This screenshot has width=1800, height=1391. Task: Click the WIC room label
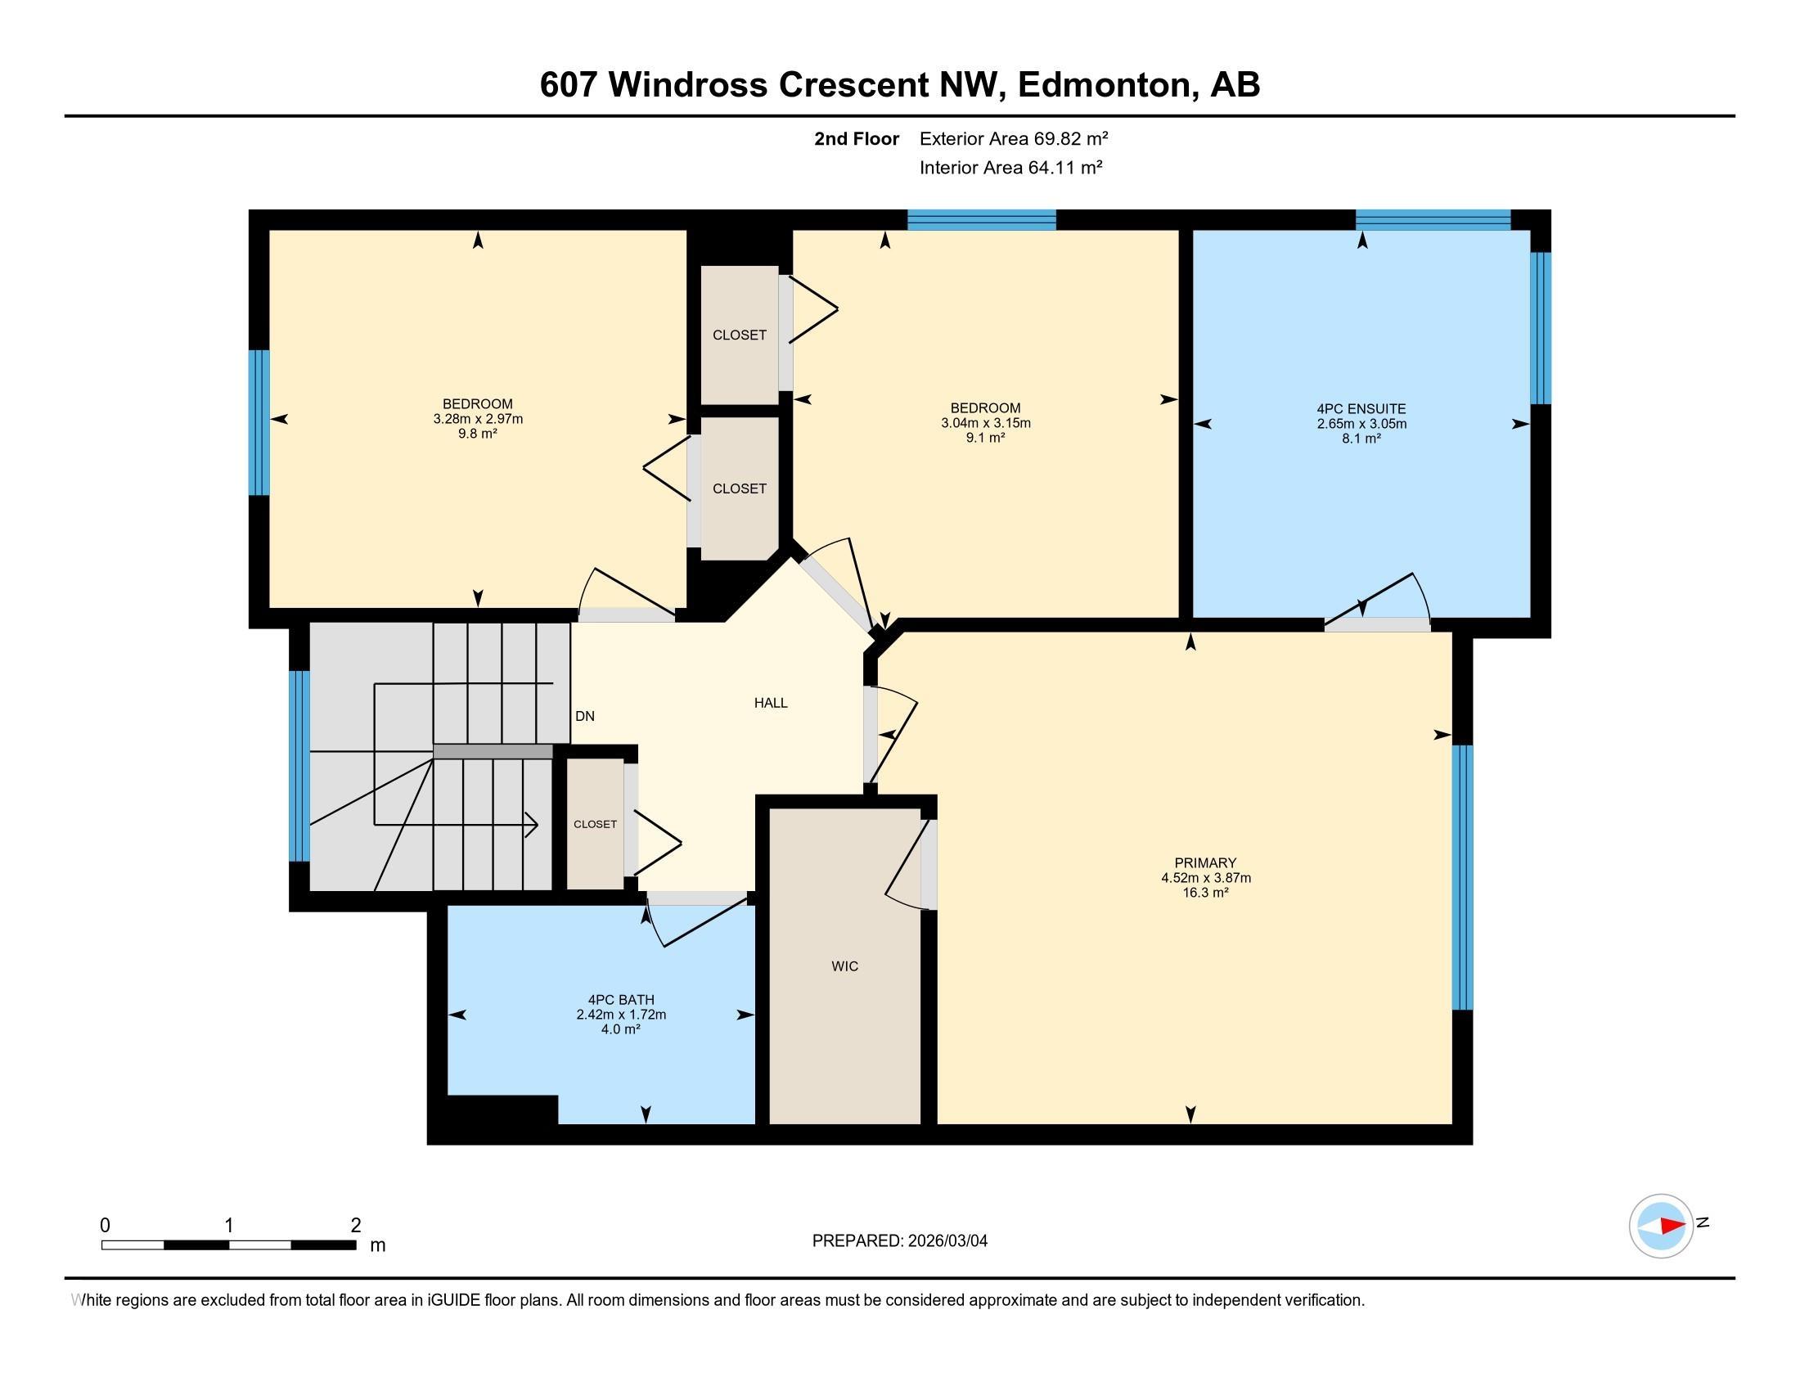click(x=845, y=966)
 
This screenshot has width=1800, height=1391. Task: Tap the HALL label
click(x=771, y=703)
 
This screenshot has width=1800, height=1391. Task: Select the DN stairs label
click(x=584, y=716)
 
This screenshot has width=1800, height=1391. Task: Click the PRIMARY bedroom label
click(x=1205, y=862)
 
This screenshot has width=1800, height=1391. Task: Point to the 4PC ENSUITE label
click(x=1361, y=409)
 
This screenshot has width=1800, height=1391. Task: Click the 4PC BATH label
click(x=621, y=1001)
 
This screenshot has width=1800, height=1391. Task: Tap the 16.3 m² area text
click(x=1205, y=893)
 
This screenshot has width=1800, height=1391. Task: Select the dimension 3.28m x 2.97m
click(x=478, y=419)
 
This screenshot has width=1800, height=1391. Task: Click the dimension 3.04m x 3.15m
click(x=986, y=424)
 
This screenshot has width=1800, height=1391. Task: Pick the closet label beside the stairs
click(x=595, y=824)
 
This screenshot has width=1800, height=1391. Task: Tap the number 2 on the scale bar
click(x=356, y=1226)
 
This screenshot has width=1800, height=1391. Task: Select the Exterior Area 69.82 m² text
click(x=1013, y=138)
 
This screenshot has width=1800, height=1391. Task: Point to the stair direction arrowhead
click(x=533, y=823)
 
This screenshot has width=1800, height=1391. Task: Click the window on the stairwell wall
click(x=299, y=767)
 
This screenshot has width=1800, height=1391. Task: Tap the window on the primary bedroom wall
click(x=1461, y=878)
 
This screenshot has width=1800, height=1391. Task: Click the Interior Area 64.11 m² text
click(x=1010, y=168)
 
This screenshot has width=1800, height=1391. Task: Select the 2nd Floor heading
click(x=857, y=138)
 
